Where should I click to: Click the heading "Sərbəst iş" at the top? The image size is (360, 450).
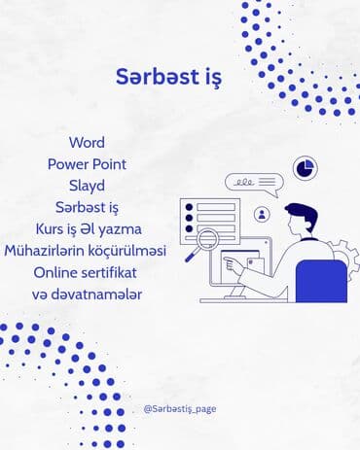(167, 77)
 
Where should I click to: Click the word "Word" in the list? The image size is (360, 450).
(87, 143)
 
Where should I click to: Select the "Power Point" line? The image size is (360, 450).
(87, 164)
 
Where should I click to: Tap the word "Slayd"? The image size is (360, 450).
(87, 186)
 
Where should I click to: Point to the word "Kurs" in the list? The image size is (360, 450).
(50, 228)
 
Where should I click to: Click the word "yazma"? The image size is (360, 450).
(121, 228)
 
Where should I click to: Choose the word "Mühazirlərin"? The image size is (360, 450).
(46, 251)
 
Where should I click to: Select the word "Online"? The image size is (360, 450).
(56, 272)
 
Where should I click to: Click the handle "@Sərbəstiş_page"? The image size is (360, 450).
(179, 409)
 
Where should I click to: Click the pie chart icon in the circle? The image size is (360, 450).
(306, 167)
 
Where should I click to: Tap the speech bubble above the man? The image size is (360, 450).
(253, 182)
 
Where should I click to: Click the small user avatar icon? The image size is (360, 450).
(262, 215)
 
